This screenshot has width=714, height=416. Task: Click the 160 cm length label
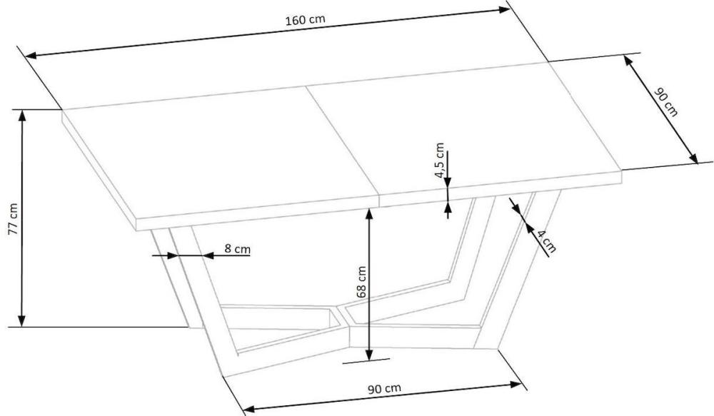point(305,20)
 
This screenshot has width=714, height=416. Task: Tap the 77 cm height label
point(13,218)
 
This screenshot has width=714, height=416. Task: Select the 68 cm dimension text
point(361,282)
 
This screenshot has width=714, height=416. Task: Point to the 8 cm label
point(237,249)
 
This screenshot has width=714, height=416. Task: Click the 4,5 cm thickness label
point(439,161)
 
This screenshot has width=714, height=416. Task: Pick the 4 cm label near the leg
point(545,241)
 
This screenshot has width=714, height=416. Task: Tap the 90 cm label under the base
point(384,389)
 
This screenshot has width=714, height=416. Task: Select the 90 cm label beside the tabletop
point(665,103)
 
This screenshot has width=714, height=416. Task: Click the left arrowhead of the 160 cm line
point(31,56)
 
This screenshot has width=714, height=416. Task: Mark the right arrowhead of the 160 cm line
point(504,9)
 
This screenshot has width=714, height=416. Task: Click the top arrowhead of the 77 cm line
point(21,115)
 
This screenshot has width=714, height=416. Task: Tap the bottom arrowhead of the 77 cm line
point(21,321)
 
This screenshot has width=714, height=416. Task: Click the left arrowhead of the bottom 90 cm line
point(249,408)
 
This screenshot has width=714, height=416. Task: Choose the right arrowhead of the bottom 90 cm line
point(516,385)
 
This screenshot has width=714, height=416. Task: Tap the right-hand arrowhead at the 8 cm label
point(208,255)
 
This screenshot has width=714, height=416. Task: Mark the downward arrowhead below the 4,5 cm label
point(448,181)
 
